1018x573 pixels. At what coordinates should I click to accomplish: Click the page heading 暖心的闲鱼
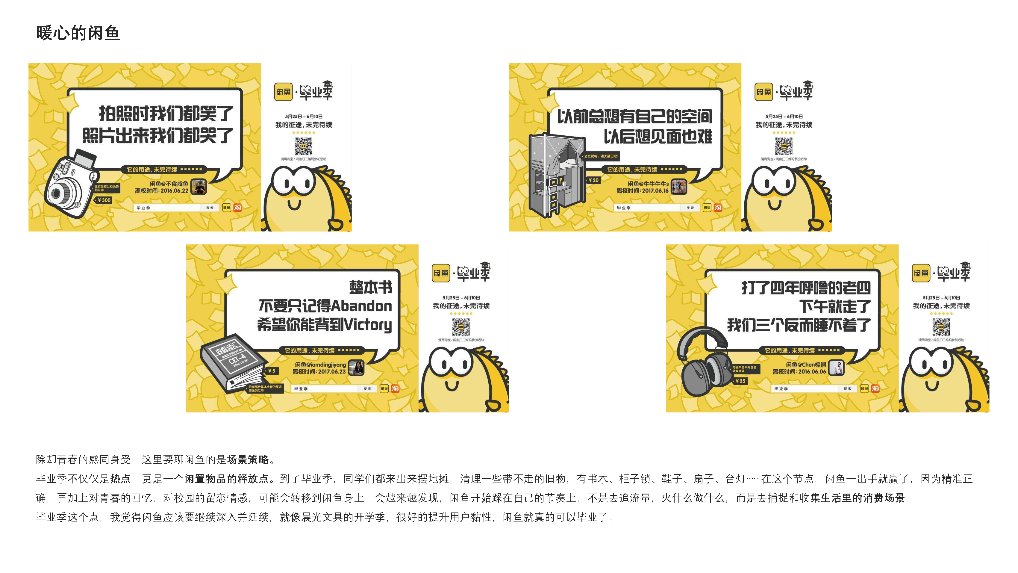click(x=78, y=33)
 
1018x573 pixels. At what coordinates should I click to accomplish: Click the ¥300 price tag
click(x=104, y=200)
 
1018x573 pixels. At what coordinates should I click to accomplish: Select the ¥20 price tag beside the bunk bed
click(x=593, y=180)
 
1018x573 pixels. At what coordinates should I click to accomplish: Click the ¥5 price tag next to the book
click(x=272, y=371)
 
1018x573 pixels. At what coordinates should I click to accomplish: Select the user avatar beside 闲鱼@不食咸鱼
click(x=199, y=187)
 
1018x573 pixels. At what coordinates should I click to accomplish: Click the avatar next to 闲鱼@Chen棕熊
click(x=836, y=368)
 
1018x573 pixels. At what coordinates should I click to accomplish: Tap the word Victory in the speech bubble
click(x=367, y=325)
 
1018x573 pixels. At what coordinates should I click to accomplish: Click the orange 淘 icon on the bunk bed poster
click(x=718, y=207)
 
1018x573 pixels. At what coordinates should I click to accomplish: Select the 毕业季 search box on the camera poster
click(x=168, y=208)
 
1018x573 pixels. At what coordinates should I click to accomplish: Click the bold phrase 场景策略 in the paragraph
click(x=248, y=459)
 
